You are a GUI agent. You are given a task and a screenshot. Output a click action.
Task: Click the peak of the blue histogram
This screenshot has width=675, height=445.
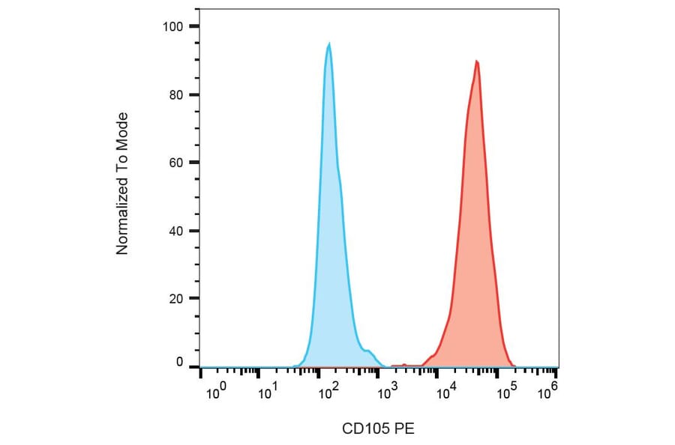coord(328,45)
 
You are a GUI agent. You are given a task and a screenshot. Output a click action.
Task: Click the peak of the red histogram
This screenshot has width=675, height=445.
coord(476,62)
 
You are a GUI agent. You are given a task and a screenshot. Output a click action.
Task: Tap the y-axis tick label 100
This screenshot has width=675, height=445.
coord(172,27)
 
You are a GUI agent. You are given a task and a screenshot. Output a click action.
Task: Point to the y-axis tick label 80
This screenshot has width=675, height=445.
coord(175,95)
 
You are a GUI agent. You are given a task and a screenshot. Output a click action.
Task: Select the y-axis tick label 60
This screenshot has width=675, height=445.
coord(175,163)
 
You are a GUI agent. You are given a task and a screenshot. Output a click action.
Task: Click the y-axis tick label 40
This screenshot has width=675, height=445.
coord(175,231)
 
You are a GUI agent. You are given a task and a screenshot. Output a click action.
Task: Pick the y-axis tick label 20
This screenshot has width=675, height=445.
coord(175,299)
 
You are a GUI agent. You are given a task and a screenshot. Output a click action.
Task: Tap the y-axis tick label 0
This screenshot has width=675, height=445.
coord(178,363)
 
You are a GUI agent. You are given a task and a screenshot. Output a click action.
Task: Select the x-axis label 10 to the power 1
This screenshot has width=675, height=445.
coord(268,392)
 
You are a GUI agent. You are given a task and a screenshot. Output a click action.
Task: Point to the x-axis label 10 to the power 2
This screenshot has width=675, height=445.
coord(327,392)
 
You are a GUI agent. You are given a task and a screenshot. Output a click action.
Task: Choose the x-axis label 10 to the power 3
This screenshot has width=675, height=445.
coord(386,392)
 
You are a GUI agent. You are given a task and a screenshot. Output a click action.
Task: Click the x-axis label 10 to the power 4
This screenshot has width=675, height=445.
coord(446,392)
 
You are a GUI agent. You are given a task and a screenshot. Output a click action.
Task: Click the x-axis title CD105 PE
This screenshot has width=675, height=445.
coord(378,429)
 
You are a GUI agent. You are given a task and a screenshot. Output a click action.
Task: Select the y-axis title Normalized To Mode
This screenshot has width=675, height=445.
coord(123,184)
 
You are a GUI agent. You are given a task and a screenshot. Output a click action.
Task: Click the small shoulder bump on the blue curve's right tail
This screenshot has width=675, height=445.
coord(367,351)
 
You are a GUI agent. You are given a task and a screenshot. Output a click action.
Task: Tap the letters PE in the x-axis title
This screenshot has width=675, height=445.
coord(404,429)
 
